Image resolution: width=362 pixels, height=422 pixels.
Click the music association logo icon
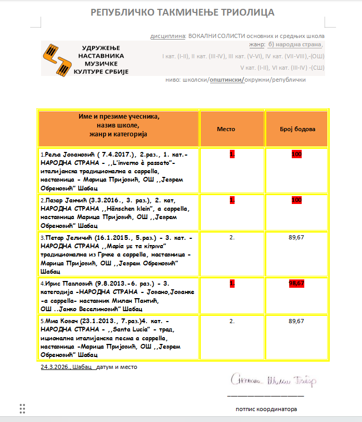coord(58,58)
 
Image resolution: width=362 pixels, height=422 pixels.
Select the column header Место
coord(226,129)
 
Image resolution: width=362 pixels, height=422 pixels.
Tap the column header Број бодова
coord(298,129)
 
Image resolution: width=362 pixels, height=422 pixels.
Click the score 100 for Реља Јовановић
coord(296,155)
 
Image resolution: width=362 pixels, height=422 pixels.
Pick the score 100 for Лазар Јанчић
coord(296,200)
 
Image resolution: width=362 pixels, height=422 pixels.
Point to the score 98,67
coord(296,283)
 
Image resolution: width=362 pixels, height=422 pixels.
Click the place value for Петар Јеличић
coord(232,237)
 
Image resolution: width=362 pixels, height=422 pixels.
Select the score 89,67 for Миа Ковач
coord(296,321)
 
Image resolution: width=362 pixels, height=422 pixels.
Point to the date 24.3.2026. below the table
coord(55,367)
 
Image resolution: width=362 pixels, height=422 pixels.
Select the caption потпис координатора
coord(266,409)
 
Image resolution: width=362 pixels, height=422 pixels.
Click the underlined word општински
coord(226,80)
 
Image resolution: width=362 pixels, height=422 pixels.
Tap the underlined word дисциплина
coord(167,36)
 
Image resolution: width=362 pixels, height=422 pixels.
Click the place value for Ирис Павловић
coord(232,283)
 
